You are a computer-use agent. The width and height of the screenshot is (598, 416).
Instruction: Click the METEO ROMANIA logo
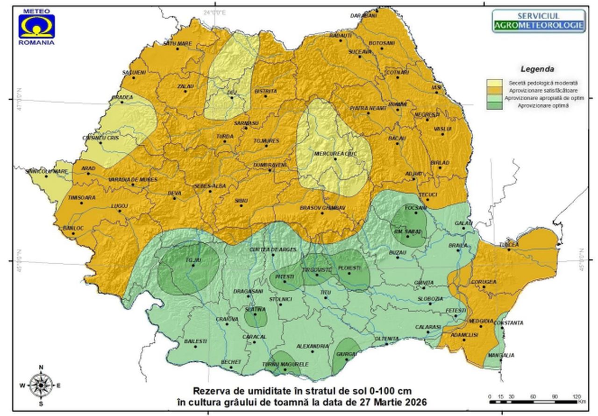36,26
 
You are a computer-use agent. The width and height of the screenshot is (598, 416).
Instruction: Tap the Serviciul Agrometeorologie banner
539,21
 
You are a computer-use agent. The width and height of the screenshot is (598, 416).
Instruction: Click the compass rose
41,385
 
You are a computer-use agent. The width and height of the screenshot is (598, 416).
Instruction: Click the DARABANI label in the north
363,16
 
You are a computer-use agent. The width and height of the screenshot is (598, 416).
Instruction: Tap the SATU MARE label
177,43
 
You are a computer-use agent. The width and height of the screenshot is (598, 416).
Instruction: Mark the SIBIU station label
241,200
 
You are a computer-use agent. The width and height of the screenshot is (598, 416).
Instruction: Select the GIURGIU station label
346,354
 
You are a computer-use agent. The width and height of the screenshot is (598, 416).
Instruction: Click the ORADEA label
122,97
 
